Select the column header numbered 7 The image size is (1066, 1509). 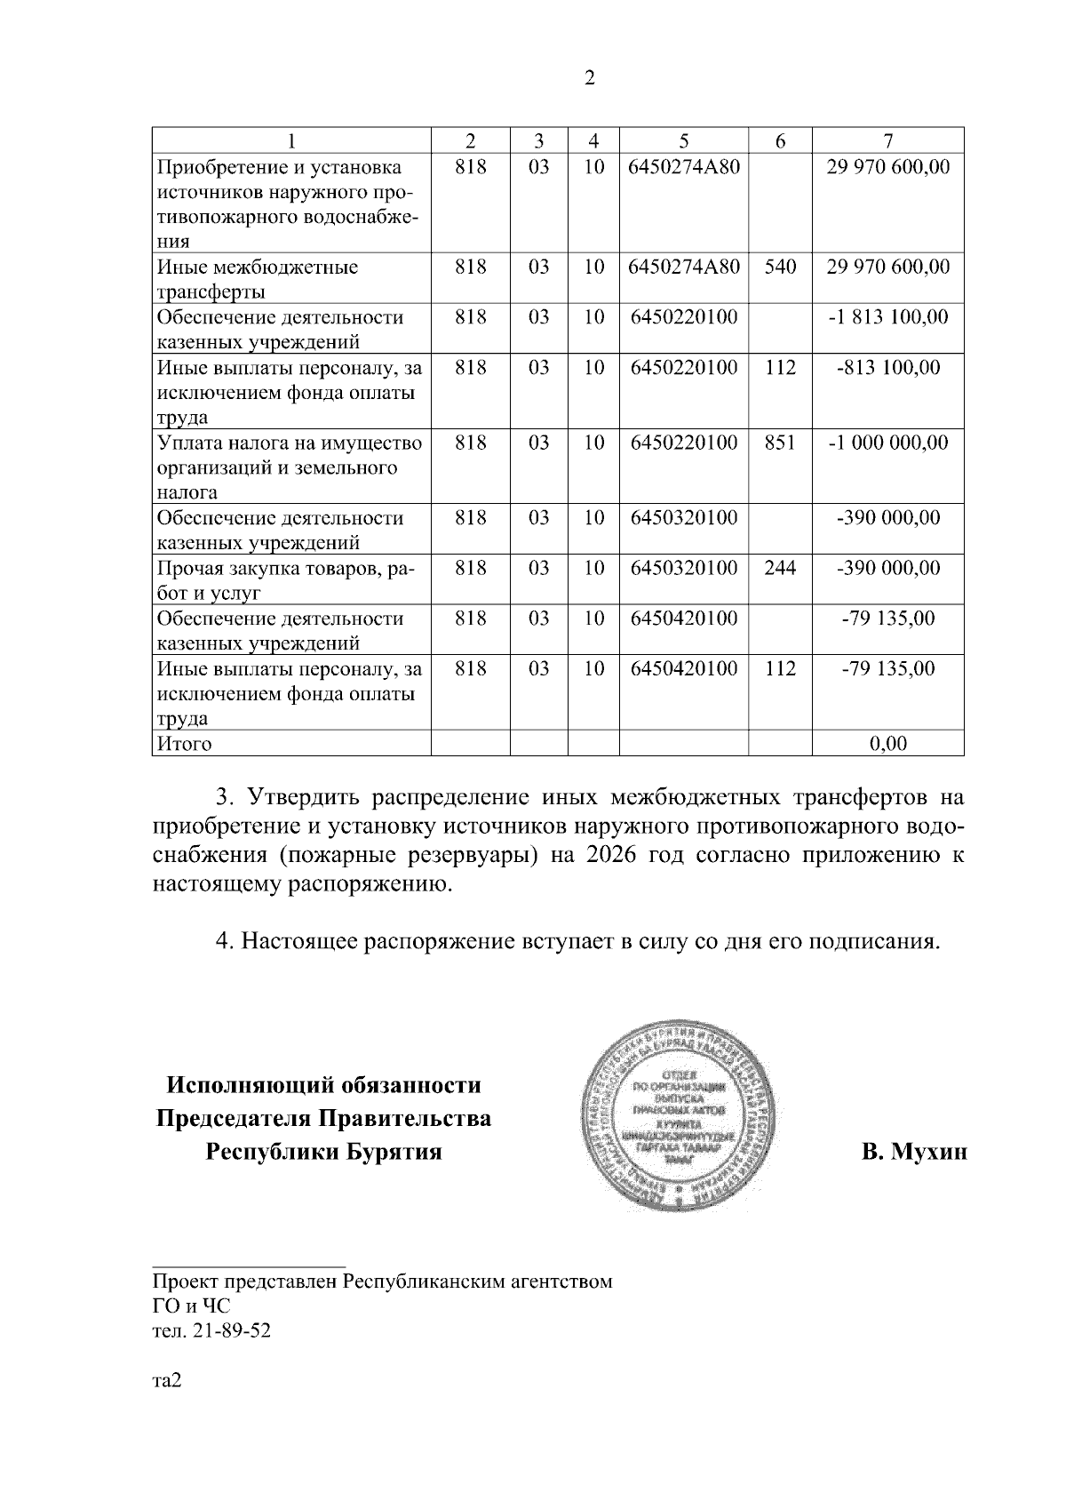[x=887, y=140]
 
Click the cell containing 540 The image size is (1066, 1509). [x=779, y=267]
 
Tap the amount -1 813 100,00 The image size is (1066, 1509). [x=887, y=317]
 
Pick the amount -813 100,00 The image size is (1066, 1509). [x=887, y=367]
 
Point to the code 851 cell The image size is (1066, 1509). [x=779, y=443]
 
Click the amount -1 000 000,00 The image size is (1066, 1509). [x=887, y=443]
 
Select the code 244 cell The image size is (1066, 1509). [x=779, y=568]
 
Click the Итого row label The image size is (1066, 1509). [x=185, y=743]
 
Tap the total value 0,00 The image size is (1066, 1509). [x=887, y=743]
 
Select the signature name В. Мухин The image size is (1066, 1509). [x=913, y=1153]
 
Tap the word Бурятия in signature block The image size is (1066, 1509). [x=394, y=1153]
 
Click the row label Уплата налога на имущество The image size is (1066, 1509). [x=289, y=443]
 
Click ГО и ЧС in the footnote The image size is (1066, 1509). [x=191, y=1306]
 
